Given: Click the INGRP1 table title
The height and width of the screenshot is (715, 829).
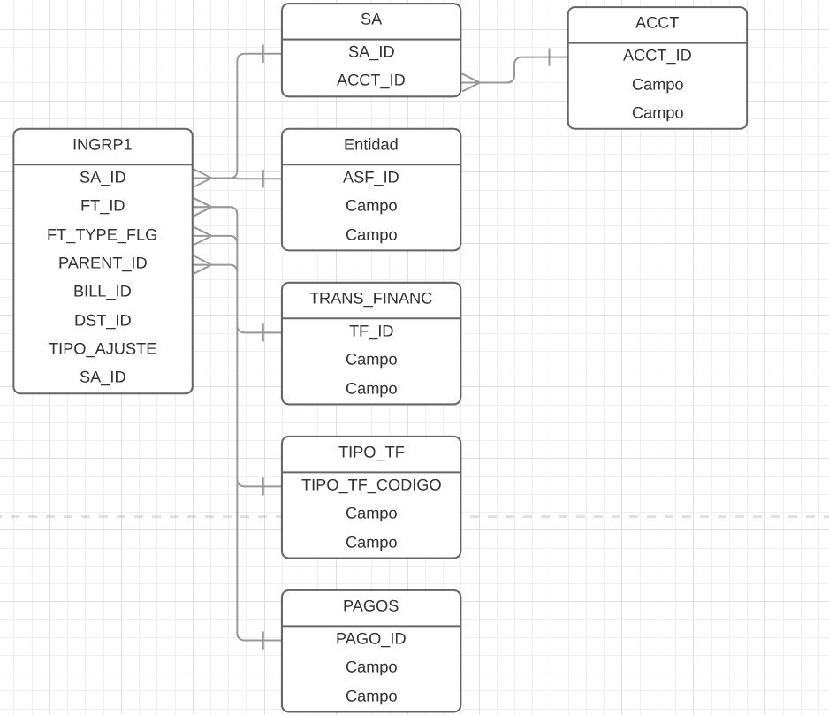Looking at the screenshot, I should point(103,145).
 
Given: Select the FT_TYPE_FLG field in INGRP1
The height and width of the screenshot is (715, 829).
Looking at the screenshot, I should point(103,235).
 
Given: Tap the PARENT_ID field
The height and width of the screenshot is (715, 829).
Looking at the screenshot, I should point(103,263).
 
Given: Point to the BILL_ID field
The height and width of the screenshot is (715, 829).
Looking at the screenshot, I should point(103,292).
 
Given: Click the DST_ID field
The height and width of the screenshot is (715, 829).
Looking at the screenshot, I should point(103,321).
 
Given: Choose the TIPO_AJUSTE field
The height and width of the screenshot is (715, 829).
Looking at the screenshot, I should point(103,349).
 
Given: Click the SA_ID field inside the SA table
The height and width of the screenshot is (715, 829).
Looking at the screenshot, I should point(371,52).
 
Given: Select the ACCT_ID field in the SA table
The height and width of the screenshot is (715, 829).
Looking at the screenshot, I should point(371,80).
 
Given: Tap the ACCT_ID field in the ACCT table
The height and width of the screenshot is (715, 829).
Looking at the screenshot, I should point(657,56).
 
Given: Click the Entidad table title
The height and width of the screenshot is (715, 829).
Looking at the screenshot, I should point(371,145).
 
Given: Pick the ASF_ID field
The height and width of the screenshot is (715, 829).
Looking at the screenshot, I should point(371,178).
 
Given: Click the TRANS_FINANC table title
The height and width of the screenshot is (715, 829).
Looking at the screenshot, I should point(371,299).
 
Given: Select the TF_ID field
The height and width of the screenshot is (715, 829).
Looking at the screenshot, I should point(371,331).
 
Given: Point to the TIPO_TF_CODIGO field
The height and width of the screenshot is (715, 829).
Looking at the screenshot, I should point(371,485).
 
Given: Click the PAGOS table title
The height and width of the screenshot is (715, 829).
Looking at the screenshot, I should point(371,606).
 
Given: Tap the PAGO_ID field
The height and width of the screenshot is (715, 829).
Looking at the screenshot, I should point(371,639).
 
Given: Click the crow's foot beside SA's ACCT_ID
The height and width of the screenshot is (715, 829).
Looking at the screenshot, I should point(470,83).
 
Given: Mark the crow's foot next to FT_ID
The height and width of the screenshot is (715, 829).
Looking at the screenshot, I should point(202,207).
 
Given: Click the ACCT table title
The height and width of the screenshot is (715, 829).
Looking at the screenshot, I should point(657,23).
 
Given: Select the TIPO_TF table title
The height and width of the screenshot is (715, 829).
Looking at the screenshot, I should point(371,453).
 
